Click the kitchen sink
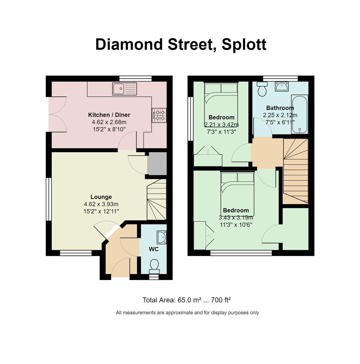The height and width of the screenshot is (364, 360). [x=125, y=89]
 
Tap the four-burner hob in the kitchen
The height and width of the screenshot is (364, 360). [x=159, y=115]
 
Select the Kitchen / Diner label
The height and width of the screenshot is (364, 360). [x=109, y=115]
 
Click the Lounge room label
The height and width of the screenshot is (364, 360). [x=101, y=197]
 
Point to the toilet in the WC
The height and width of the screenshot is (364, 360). [x=154, y=267]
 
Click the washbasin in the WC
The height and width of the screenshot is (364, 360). [x=161, y=237]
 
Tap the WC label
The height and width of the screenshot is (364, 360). [x=154, y=249]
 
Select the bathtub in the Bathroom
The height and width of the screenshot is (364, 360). [x=300, y=114]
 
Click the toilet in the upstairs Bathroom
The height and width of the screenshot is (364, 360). [x=262, y=89]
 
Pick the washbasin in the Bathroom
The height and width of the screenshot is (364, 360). [x=282, y=86]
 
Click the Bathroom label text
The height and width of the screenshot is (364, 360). [x=280, y=108]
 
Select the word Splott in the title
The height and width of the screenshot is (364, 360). [x=244, y=44]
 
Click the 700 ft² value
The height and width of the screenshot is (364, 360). [x=220, y=300]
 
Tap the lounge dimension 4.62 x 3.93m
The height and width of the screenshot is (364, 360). [x=101, y=204]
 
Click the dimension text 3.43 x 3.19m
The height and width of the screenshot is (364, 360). [x=236, y=218]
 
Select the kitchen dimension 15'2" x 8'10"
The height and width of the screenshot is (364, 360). [x=109, y=129]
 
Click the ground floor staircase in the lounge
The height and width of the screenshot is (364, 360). [x=157, y=200]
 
